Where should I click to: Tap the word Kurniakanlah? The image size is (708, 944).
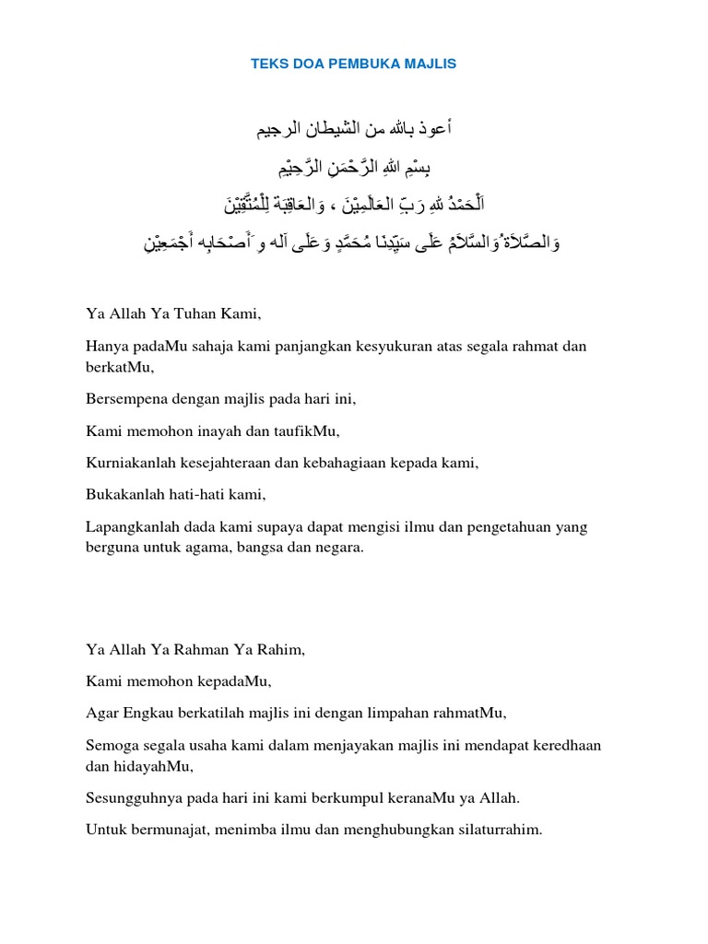pos(131,463)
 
